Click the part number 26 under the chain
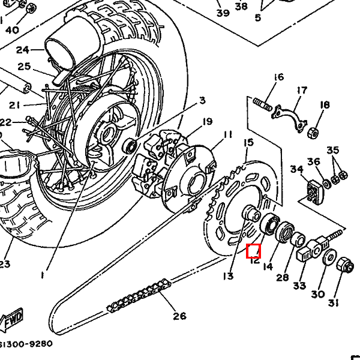point(179,316)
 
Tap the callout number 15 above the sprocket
point(248,142)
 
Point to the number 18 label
point(325,105)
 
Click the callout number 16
point(278,77)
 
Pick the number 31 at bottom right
point(334,303)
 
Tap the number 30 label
point(318,294)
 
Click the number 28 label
point(282,278)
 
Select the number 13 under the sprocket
point(227,276)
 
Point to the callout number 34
point(297,169)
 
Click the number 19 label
point(207,122)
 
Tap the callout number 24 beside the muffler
point(22,50)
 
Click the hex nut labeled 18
point(313,131)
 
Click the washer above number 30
point(329,257)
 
